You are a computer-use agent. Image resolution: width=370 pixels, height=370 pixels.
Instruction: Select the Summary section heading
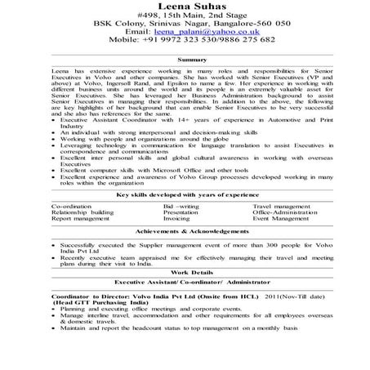tap(190, 60)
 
